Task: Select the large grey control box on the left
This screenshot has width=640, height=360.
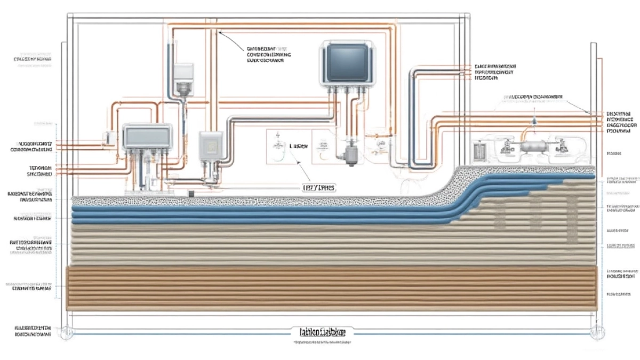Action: point(147,137)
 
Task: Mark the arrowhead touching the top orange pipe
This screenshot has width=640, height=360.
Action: point(220,34)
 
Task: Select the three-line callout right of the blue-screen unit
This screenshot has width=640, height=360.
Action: point(494,72)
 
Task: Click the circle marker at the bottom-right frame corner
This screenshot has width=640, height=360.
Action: point(593,331)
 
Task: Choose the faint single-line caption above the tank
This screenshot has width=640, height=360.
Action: point(533,97)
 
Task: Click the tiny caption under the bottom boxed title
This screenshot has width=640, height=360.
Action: point(320,342)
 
